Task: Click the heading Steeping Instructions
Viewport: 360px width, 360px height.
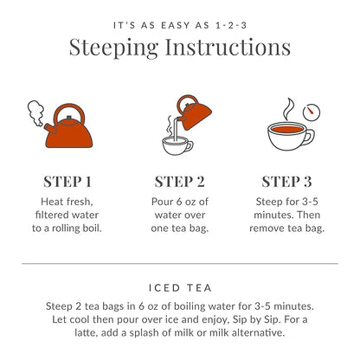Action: point(180,48)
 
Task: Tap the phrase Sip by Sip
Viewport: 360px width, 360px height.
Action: point(248,319)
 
